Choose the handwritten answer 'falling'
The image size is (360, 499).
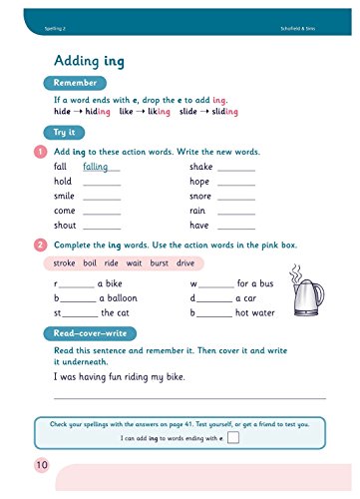click(98, 167)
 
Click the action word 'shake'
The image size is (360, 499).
click(200, 168)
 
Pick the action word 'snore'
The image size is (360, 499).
click(200, 197)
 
